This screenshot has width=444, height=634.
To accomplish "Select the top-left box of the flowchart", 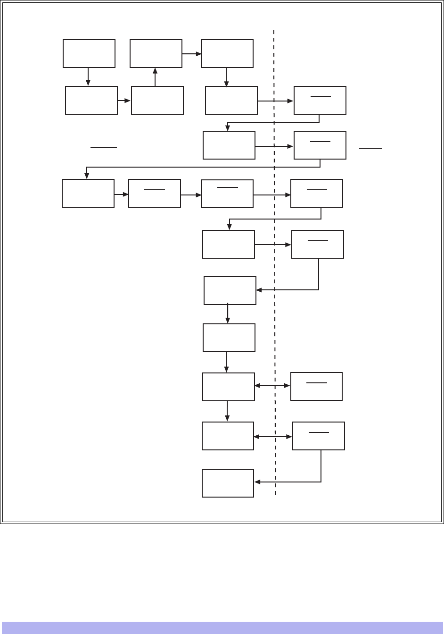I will (x=89, y=53).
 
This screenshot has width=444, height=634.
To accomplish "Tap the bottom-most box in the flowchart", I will (x=228, y=483).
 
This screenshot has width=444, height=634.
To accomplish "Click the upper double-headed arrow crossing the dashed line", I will (x=272, y=386).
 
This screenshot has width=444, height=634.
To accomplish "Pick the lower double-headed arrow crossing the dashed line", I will (x=273, y=437).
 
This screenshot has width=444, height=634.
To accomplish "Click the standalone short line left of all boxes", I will (x=104, y=147).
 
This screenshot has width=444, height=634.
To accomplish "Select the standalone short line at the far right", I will (x=370, y=148).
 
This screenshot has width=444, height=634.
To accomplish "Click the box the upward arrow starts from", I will (x=157, y=100).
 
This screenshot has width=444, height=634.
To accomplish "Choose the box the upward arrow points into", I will (x=156, y=53).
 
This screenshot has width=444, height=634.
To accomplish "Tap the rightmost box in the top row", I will (x=227, y=54).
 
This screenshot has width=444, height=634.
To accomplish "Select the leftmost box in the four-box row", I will (x=88, y=193).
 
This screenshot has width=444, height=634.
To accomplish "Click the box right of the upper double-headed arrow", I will (x=316, y=386).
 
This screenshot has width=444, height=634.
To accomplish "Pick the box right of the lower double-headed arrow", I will (x=319, y=436).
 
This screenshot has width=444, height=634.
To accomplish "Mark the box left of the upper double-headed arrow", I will (x=229, y=387).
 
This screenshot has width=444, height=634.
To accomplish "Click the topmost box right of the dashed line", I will (x=320, y=100).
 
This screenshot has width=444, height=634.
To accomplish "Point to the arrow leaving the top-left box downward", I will (x=88, y=76).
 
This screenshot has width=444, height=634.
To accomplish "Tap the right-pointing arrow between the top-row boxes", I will (x=192, y=54).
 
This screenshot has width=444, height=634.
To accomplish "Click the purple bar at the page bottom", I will (x=222, y=627).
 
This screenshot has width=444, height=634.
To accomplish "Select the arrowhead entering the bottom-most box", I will (x=257, y=482).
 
